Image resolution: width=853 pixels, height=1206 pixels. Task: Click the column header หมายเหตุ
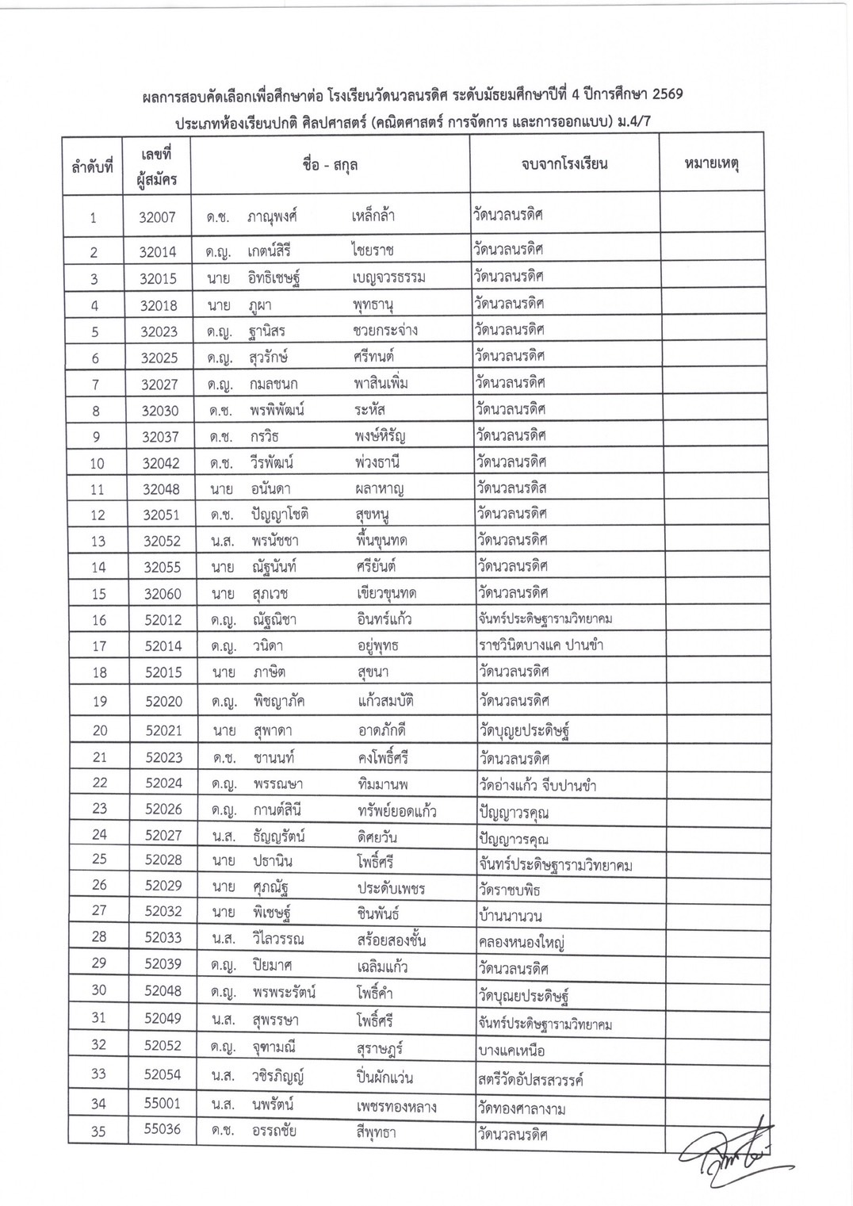[711, 165]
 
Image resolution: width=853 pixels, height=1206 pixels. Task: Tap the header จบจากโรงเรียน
[564, 164]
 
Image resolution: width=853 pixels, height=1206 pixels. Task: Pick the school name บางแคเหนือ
[511, 1051]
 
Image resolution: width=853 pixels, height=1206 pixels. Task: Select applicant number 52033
[163, 937]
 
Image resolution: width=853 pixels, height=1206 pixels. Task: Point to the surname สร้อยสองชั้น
[392, 940]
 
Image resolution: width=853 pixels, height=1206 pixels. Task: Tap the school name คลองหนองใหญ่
[521, 943]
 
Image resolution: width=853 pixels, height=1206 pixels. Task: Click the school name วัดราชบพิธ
[509, 890]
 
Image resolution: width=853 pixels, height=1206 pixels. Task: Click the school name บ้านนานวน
[510, 916]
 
